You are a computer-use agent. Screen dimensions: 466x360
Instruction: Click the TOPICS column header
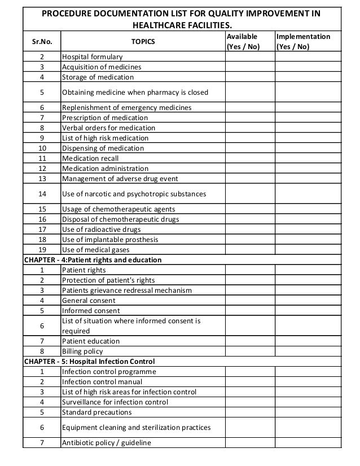(142, 42)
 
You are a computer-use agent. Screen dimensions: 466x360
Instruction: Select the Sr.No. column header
(41, 42)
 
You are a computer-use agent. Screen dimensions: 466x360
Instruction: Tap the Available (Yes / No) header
(243, 41)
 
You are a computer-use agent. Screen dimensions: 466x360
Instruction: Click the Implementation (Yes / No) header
(303, 41)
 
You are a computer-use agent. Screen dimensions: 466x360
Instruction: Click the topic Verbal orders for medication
(108, 128)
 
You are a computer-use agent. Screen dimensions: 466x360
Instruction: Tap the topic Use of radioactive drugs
(101, 230)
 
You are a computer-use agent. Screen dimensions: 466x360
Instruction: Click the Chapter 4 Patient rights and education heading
(92, 260)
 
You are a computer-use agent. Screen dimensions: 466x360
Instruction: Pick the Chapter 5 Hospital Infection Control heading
(89, 361)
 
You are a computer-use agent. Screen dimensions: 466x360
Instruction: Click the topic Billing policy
(83, 351)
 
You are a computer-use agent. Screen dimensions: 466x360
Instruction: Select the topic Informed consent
(91, 311)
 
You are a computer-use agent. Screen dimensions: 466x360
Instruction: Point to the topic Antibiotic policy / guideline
(107, 443)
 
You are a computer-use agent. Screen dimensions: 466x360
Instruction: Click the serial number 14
(41, 194)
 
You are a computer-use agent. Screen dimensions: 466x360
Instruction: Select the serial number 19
(41, 250)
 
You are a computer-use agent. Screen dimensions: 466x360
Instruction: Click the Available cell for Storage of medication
(249, 77)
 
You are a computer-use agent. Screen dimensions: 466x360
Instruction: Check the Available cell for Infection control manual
(249, 382)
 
